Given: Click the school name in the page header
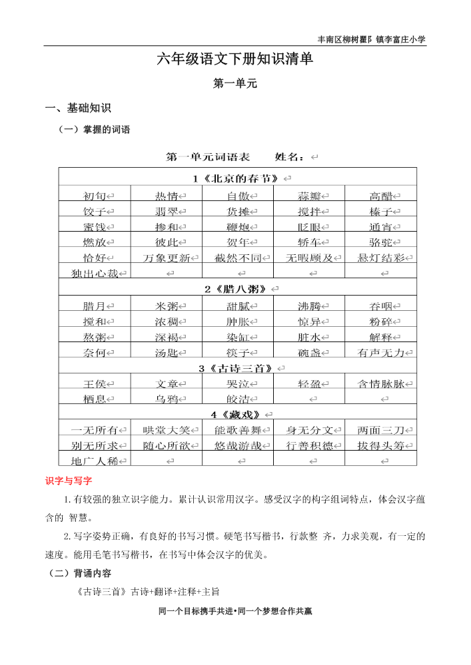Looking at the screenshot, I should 372,39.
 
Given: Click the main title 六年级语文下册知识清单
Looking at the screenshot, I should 235,59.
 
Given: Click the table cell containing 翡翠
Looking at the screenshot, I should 167,212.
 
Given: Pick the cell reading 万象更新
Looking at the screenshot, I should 167,258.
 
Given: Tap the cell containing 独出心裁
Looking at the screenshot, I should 95,273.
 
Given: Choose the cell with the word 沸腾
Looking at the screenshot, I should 309,306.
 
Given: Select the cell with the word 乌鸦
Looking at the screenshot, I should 167,399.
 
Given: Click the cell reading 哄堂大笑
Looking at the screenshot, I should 167,430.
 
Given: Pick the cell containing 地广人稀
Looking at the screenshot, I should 95,461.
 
